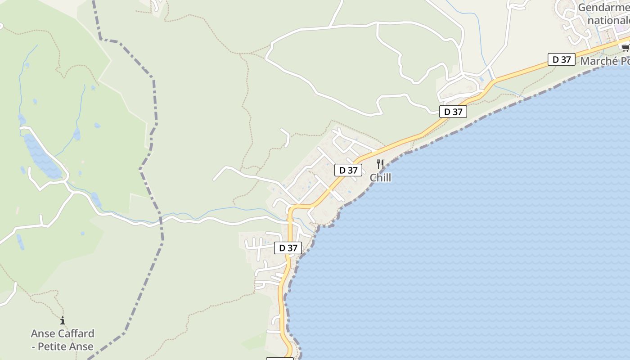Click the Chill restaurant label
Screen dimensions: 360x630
click(380, 178)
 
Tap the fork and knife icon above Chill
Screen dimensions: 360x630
click(380, 164)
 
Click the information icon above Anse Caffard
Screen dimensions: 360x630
click(63, 321)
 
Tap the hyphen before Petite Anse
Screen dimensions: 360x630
click(33, 346)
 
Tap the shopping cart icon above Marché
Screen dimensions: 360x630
click(625, 47)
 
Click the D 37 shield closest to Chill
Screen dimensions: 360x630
click(348, 170)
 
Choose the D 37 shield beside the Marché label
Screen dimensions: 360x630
click(561, 59)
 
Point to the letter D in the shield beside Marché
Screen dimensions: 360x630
click(556, 59)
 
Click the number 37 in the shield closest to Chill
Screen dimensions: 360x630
click(353, 170)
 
